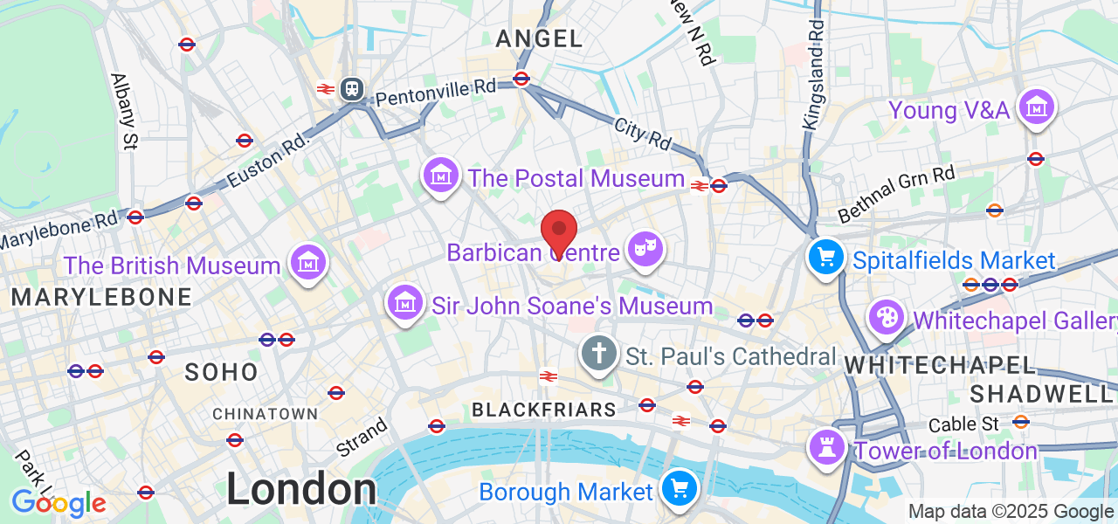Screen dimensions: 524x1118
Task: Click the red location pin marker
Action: [x=559, y=231]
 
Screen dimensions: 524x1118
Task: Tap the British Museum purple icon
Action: [x=308, y=261]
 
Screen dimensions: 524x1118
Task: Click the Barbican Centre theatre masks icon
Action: [x=645, y=249]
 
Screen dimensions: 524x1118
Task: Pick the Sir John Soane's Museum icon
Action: [x=405, y=302]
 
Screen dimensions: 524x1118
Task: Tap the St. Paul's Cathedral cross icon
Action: [x=598, y=354]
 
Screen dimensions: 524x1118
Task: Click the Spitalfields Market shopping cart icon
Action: [x=825, y=257]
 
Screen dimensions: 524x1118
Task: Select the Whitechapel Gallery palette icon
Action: [x=887, y=318]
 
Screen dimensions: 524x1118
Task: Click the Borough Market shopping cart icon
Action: [x=679, y=488]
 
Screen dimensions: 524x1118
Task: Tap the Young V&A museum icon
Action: [x=1037, y=108]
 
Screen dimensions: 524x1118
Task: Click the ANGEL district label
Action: [x=539, y=38]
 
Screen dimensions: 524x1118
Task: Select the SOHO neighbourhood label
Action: [x=222, y=373]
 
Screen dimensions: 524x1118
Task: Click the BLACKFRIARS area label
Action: [x=544, y=410]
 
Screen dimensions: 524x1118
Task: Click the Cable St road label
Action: [x=963, y=424]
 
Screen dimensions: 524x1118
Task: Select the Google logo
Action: [x=59, y=502]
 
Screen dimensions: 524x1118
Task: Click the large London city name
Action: [x=301, y=489]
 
